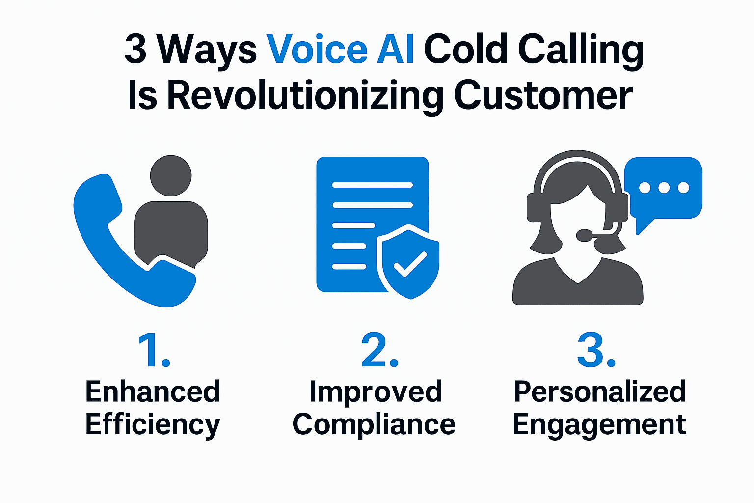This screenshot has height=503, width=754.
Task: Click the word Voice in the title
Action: pyautogui.click(x=317, y=50)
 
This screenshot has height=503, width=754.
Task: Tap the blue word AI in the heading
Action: pyautogui.click(x=395, y=50)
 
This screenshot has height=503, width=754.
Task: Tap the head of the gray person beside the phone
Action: pyautogui.click(x=170, y=175)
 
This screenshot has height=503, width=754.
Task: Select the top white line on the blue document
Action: pyautogui.click(x=372, y=185)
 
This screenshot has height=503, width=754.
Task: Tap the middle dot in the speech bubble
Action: pyautogui.click(x=664, y=187)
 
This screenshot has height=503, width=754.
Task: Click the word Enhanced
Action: pyautogui.click(x=153, y=391)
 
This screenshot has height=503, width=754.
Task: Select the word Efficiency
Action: pyautogui.click(x=153, y=425)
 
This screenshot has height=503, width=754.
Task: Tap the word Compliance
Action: pyautogui.click(x=374, y=425)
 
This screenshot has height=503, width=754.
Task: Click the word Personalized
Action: pyautogui.click(x=600, y=391)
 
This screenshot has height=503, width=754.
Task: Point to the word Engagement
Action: pyautogui.click(x=600, y=425)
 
